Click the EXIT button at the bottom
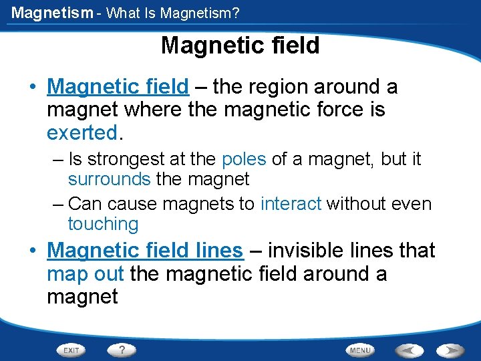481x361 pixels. tap(71, 350)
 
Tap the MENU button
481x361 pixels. tap(360, 350)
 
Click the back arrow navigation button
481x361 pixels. tap(408, 350)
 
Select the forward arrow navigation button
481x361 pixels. tap(451, 350)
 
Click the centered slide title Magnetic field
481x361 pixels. tap(240, 45)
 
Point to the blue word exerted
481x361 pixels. tap(82, 132)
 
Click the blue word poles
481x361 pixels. tap(244, 160)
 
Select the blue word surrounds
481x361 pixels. tap(109, 179)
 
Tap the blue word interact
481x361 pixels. tap(291, 204)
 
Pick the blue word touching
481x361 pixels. tap(103, 224)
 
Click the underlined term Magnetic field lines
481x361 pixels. tap(145, 251)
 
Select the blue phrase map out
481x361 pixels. tap(86, 274)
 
